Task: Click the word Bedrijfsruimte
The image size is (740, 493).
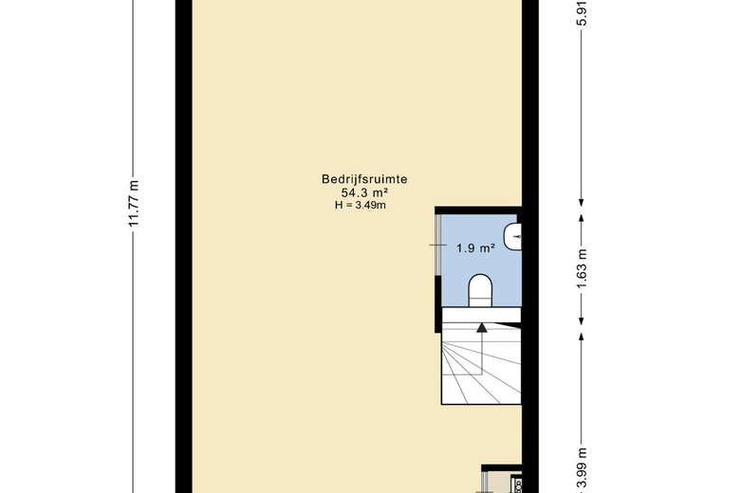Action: click(364, 179)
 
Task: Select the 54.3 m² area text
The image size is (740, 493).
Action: click(364, 192)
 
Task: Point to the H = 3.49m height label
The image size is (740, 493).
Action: click(361, 205)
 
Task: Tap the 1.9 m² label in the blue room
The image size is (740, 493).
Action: click(475, 247)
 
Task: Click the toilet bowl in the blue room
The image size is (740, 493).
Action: click(480, 290)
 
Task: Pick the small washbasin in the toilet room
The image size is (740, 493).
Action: click(512, 237)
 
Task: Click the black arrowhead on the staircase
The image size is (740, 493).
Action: click(481, 327)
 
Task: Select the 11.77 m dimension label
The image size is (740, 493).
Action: click(134, 203)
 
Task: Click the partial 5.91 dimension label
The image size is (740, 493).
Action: click(583, 14)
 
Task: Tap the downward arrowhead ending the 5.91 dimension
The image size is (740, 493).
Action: click(582, 203)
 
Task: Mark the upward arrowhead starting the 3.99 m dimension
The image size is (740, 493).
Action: click(582, 337)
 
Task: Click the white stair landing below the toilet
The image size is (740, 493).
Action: click(481, 315)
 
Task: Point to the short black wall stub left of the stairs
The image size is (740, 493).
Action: click(438, 303)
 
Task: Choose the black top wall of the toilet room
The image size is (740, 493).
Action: click(478, 210)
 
